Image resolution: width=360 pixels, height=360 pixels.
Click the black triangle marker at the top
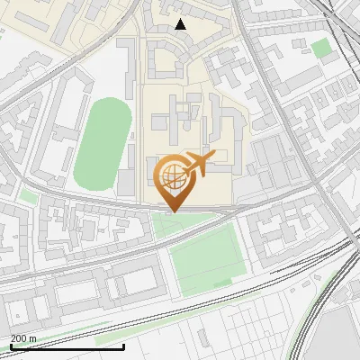[x=181, y=24]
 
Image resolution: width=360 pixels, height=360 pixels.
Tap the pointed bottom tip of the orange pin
[x=172, y=211]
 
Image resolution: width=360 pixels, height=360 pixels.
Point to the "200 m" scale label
[x=23, y=338]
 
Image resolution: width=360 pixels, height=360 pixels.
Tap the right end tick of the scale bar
[x=123, y=345]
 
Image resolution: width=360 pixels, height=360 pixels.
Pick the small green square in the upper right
[x=321, y=48]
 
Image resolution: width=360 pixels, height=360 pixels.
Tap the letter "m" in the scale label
[x=33, y=338]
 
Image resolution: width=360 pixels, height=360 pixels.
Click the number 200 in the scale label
[x=19, y=338]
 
